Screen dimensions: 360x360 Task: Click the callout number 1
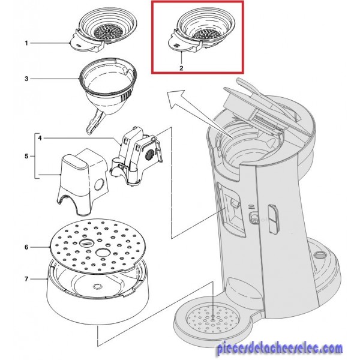coord(26,43)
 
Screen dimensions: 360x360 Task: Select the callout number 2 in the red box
coord(181,68)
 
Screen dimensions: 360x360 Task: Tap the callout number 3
coord(26,79)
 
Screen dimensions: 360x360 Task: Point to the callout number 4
coord(40,139)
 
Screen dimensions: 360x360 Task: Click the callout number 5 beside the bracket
coord(26,157)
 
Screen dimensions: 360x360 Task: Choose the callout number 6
coord(26,247)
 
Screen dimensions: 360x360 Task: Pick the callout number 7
coord(26,279)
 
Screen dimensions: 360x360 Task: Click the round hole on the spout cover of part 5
coord(99,184)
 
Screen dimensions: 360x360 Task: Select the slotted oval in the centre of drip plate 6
coord(86,242)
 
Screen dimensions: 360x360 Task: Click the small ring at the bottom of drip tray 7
coord(97,287)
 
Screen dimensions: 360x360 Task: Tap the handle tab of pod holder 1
coord(79,43)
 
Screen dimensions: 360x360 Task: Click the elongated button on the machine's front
coord(273,219)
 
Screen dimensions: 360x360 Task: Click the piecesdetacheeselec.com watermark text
coord(280,349)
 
